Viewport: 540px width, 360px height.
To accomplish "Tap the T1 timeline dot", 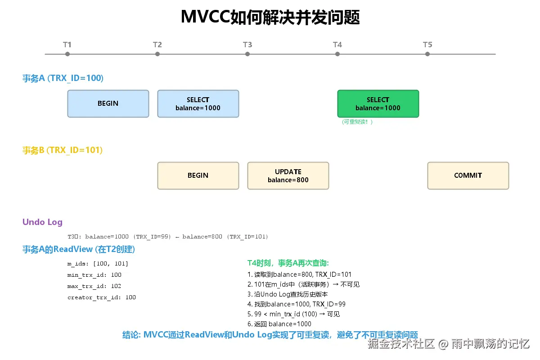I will click(67, 54).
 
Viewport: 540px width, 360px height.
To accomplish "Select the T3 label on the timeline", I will click(247, 45).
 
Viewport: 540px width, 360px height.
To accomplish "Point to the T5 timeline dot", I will click(427, 54).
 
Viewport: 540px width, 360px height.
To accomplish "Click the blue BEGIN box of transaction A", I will click(108, 103).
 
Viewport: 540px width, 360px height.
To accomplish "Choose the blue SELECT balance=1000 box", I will click(198, 103).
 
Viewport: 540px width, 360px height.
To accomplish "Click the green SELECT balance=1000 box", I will click(378, 103).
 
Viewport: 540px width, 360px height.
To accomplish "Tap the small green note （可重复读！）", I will click(357, 122).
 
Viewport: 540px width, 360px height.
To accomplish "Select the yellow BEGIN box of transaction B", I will click(198, 175).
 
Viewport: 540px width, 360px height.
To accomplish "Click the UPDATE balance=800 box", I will click(288, 175).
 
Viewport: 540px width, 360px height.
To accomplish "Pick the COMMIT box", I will click(468, 175).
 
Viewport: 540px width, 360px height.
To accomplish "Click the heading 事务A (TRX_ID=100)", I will click(63, 78).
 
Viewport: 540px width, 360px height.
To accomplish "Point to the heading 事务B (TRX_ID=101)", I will click(63, 150).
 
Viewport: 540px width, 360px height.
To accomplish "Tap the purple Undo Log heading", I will click(42, 222).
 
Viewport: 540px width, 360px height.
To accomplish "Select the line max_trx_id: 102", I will click(94, 286).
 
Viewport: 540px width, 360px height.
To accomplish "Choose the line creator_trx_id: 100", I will click(101, 297).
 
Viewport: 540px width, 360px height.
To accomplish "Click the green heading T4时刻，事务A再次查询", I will click(288, 263).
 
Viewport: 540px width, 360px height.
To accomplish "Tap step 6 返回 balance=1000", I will click(279, 324).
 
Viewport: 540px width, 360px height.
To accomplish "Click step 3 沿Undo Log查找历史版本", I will click(288, 294).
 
